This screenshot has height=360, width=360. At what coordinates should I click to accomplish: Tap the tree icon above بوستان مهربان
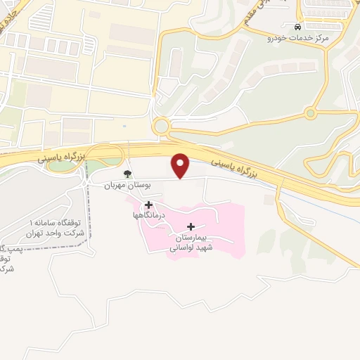click(127, 174)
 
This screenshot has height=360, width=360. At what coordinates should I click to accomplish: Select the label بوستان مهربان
click(109, 185)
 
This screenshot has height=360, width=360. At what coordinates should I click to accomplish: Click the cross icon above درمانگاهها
click(148, 205)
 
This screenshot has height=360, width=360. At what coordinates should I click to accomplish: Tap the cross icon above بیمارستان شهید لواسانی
click(191, 226)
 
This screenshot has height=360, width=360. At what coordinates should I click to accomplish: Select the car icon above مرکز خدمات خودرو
click(298, 27)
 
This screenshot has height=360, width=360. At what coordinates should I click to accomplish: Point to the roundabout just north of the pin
click(162, 127)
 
